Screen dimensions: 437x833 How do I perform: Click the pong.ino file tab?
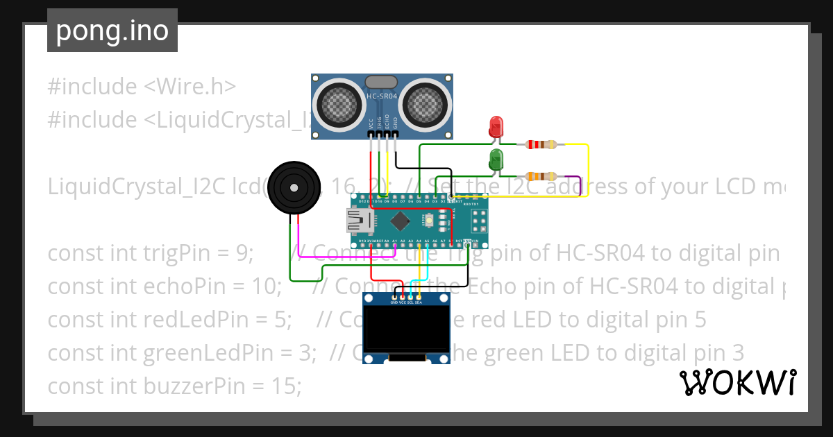point(112,31)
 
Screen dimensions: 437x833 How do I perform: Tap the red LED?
point(496,127)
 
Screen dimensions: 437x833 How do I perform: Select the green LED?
point(496,160)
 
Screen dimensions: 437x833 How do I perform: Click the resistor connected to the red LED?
point(541,145)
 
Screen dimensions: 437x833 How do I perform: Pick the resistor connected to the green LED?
point(541,176)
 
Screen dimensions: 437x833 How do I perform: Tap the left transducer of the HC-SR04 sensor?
point(339,103)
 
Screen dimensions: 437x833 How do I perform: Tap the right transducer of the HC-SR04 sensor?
point(426,103)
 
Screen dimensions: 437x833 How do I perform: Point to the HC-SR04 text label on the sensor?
point(382,96)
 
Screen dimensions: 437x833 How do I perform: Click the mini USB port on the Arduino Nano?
point(360,221)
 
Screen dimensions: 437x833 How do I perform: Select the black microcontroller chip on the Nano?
point(400,221)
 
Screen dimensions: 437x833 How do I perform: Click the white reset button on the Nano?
point(430,221)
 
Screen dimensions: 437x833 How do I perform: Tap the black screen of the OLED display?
point(407,329)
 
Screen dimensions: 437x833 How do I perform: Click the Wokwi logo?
point(737,382)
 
